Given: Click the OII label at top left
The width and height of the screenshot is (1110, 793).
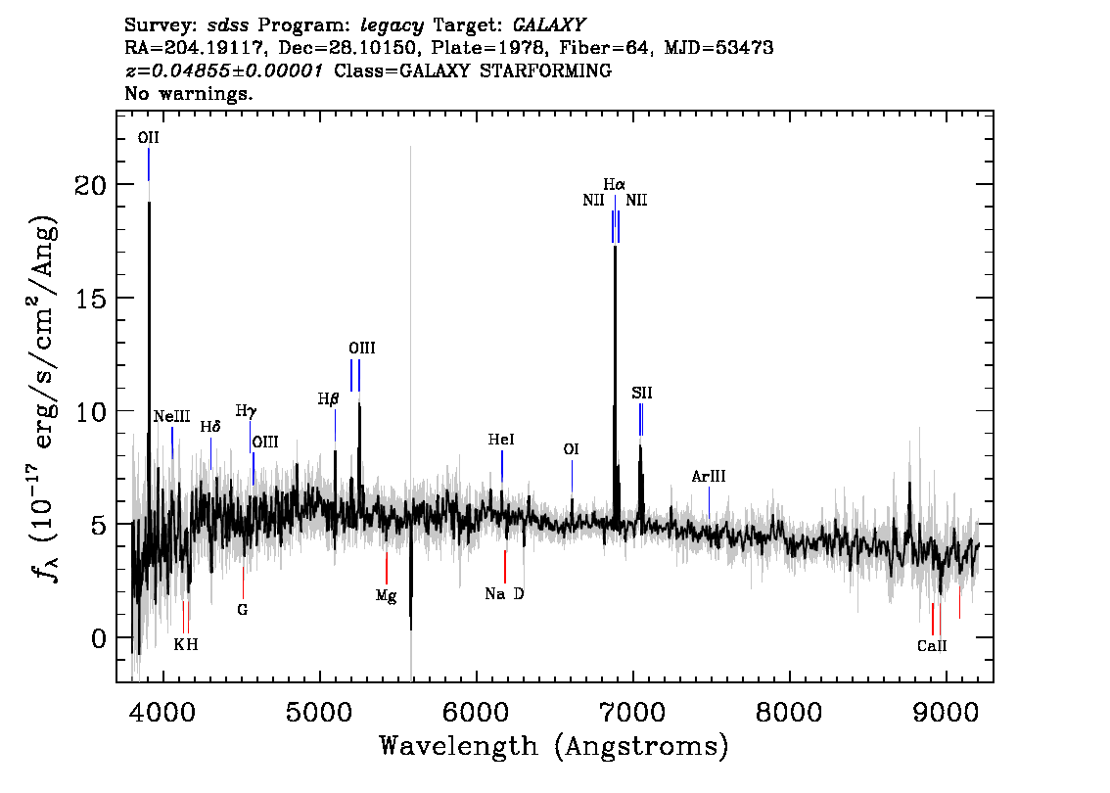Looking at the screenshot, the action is [149, 137].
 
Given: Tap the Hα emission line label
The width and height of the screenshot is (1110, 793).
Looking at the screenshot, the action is [615, 185].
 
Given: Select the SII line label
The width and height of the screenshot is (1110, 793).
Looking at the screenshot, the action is [642, 393].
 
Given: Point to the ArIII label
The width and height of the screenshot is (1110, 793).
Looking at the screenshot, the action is [709, 477].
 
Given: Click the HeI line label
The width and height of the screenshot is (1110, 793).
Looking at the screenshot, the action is [501, 440].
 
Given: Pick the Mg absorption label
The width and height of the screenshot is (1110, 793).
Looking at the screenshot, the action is [386, 596].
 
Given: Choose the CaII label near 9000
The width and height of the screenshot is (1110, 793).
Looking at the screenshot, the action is [932, 646].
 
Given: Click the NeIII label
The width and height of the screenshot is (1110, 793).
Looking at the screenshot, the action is [172, 416].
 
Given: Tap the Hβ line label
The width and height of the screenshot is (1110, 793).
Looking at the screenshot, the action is [329, 399].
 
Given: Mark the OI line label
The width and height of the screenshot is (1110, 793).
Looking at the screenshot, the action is [572, 449].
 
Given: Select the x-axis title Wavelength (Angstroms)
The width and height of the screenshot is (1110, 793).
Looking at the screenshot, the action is [554, 746].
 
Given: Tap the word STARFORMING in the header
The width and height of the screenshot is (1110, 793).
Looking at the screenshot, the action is [545, 70].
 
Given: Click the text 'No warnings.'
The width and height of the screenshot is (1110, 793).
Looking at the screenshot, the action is [188, 93].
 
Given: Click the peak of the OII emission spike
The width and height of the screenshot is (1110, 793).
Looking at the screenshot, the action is [149, 202].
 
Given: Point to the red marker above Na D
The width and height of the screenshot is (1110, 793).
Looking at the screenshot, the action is [505, 567].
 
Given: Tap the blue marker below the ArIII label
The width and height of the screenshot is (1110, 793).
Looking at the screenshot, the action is [709, 503].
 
